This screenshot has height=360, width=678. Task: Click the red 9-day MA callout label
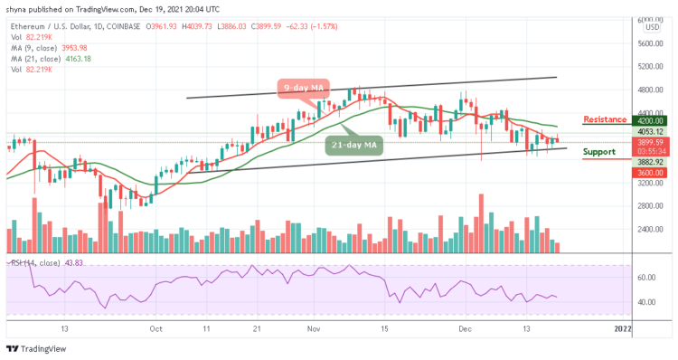304,88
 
